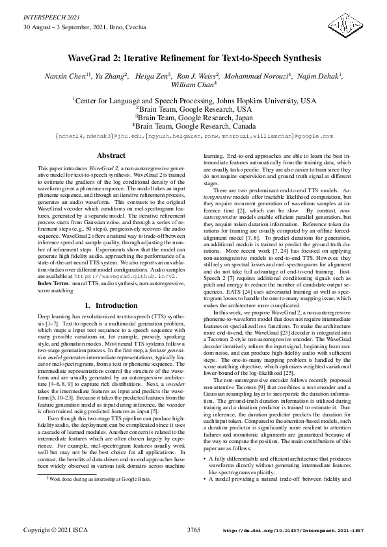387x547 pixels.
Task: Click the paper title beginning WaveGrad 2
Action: (x=193, y=58)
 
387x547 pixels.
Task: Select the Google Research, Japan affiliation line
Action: (x=193, y=118)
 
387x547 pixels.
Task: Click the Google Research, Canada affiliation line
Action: (x=193, y=126)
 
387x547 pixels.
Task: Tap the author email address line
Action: (x=193, y=136)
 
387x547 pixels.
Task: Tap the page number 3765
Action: (x=193, y=530)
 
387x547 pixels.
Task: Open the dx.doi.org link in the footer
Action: (x=293, y=531)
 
